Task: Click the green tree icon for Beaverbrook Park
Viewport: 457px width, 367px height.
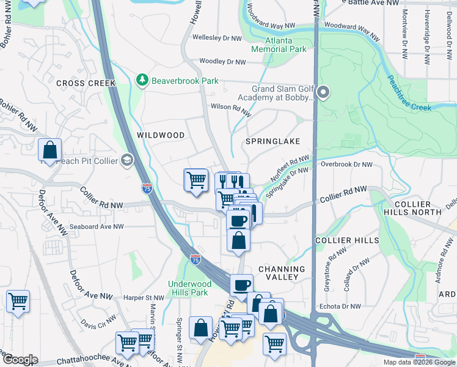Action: [x=142, y=80]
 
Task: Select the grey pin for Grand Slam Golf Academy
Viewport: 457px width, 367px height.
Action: [x=323, y=92]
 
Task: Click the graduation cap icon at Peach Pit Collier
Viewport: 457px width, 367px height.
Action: [x=127, y=160]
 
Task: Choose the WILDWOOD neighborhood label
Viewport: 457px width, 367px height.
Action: [x=161, y=135]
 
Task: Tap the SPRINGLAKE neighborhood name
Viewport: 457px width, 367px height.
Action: [x=272, y=141]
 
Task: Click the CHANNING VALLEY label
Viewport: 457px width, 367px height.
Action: [x=282, y=273]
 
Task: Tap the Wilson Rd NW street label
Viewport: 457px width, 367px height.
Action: [x=231, y=109]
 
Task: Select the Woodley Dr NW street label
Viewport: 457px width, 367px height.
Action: [x=222, y=62]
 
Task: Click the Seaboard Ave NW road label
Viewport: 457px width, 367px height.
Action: [x=97, y=226]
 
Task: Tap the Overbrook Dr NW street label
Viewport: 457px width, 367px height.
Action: [x=346, y=165]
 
